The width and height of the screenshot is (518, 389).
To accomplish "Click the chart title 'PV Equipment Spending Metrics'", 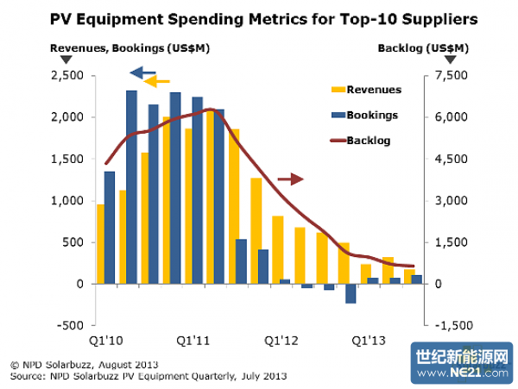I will [x=258, y=17].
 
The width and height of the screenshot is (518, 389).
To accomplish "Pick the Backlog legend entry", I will [x=366, y=139].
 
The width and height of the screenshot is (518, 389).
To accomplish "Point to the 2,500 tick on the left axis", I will [x=66, y=76].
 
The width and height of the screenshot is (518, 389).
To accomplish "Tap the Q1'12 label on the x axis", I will [x=281, y=339].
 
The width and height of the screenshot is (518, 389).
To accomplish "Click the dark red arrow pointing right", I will [x=291, y=179].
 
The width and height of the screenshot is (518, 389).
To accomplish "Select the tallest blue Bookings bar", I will [x=131, y=186].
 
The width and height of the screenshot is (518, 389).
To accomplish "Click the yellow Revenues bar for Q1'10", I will [x=101, y=244].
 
